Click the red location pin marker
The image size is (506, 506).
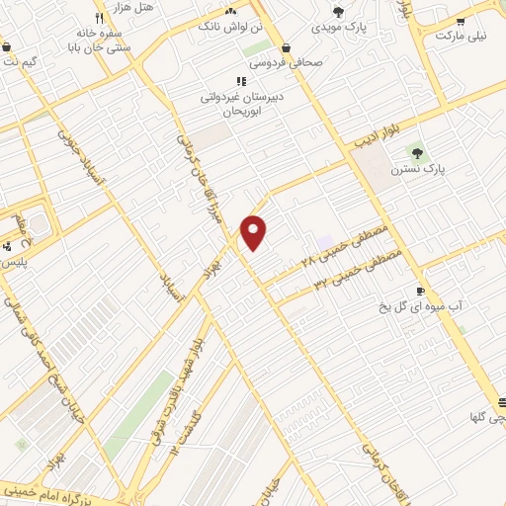click(x=254, y=232)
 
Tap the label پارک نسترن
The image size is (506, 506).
click(x=418, y=169)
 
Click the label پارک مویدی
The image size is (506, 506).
click(x=339, y=28)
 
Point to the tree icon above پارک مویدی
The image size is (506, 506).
click(x=339, y=12)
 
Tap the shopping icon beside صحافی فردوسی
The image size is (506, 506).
click(x=287, y=46)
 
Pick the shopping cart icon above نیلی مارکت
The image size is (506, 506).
click(x=461, y=20)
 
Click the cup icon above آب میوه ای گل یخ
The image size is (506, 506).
click(x=420, y=292)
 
